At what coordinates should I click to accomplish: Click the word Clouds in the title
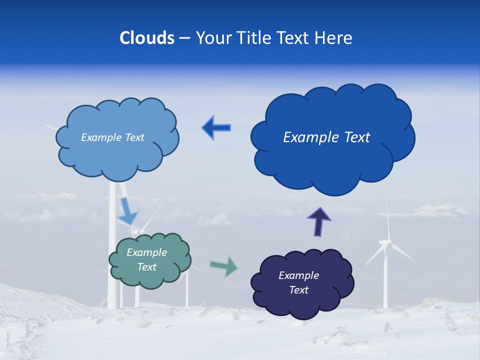coord(147,38)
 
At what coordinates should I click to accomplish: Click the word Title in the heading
coord(255,38)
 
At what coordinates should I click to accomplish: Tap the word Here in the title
coord(334,38)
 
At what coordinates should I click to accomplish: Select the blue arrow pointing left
coord(216,128)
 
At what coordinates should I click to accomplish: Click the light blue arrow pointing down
coord(127,211)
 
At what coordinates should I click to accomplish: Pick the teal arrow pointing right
coord(224,265)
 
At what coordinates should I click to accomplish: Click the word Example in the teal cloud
coord(146,252)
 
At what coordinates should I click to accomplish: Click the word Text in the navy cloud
coord(299,290)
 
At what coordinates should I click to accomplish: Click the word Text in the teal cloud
coord(147,267)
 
